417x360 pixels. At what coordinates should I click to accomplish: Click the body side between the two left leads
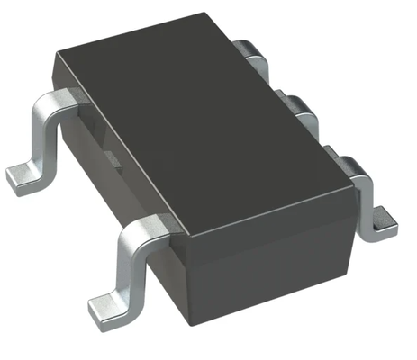coord(99,171)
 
